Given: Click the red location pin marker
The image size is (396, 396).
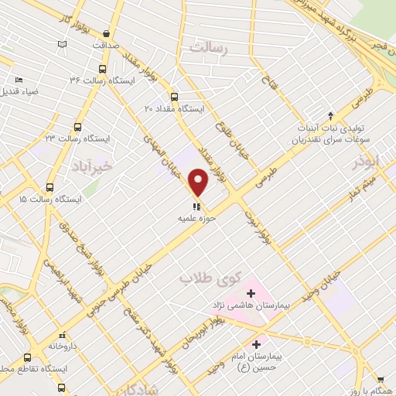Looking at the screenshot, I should (199, 183).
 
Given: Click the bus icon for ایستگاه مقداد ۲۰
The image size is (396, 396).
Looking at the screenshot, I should (174, 97).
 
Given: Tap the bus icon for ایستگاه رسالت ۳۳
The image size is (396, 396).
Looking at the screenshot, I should (77, 126).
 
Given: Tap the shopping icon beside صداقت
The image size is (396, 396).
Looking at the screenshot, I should (106, 34).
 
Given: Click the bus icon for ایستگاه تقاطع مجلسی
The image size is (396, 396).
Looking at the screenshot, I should (28, 358).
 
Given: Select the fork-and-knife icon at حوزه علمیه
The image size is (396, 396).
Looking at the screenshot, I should (196, 206).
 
